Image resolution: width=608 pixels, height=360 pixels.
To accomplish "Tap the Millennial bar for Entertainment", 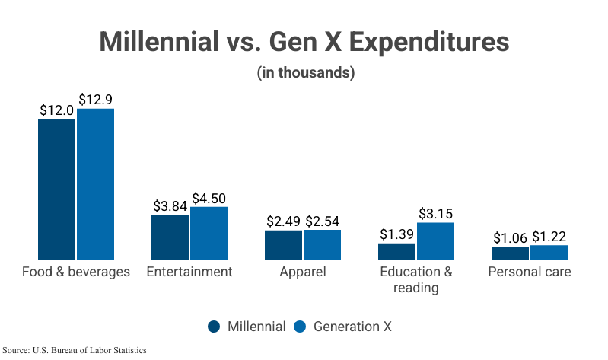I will click(170, 237).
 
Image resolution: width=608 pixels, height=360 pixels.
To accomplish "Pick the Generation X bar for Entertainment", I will click(209, 233).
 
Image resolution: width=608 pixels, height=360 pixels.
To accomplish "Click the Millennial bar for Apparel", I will click(283, 244).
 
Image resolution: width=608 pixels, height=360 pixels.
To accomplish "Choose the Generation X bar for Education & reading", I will click(435, 241).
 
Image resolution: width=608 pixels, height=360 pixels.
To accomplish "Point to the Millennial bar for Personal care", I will click(510, 253).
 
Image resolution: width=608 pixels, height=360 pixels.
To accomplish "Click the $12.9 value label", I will click(96, 100).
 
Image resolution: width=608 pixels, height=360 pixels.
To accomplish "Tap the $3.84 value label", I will click(170, 205).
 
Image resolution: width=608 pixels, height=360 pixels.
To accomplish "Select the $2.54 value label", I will click(323, 221).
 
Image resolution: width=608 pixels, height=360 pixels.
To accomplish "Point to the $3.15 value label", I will click(435, 214).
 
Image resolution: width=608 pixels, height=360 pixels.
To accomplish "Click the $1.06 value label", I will click(510, 237).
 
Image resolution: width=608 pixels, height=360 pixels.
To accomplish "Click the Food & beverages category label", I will click(76, 272).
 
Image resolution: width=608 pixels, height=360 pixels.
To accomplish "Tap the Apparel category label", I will click(303, 272).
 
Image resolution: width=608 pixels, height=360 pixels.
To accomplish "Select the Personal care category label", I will click(530, 272).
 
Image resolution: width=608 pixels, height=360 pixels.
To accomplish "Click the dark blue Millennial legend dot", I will click(214, 327).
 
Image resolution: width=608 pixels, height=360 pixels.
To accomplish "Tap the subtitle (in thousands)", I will click(304, 74).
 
